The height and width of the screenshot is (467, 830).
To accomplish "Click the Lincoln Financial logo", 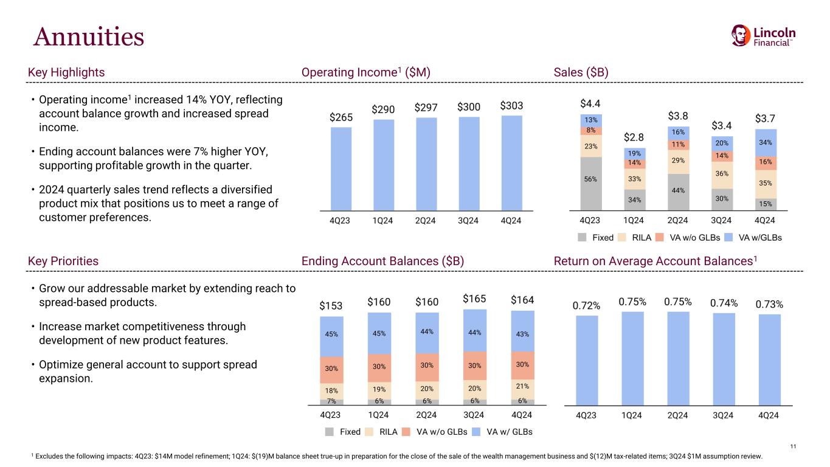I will (x=763, y=36).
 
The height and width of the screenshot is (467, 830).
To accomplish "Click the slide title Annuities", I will (x=89, y=37).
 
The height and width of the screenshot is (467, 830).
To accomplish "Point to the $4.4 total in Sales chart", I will (x=591, y=103).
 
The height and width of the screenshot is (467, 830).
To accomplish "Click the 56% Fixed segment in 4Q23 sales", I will (x=591, y=179).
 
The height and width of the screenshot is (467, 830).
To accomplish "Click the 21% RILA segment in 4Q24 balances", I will (x=522, y=386).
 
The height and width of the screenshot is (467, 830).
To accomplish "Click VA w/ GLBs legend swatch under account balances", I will (x=477, y=432).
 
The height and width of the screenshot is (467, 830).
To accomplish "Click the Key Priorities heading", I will (x=63, y=261).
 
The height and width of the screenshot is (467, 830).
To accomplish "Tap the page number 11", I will (x=792, y=447).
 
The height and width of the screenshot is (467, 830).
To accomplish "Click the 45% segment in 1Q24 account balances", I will (x=379, y=333).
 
